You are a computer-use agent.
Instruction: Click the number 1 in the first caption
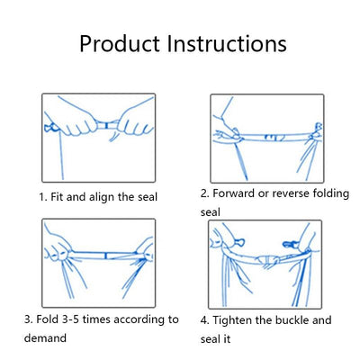tap(41, 196)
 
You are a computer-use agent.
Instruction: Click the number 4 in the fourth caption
tap(204, 319)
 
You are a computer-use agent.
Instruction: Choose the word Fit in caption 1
tap(58, 196)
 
